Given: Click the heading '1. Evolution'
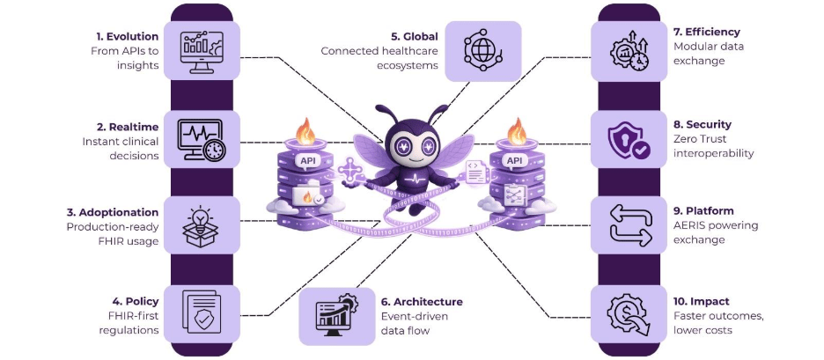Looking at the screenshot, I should (x=127, y=36).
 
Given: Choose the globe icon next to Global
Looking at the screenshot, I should (x=483, y=51).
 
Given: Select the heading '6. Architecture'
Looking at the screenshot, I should (x=422, y=301).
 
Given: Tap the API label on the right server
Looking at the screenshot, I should (x=513, y=161).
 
